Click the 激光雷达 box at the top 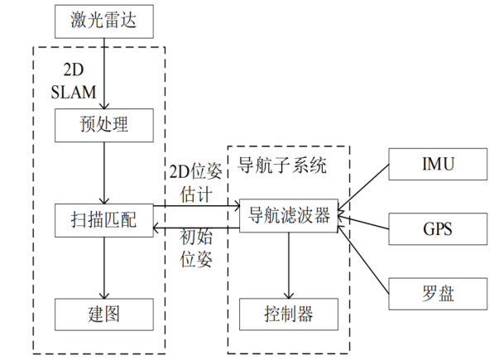tap(104, 21)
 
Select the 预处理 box tap(104, 126)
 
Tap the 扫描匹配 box tap(104, 220)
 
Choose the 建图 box tap(104, 314)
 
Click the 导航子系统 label tap(282, 166)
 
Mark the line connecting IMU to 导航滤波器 tap(364, 188)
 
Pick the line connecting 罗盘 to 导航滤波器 tap(364, 255)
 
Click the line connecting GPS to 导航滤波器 tap(364, 221)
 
